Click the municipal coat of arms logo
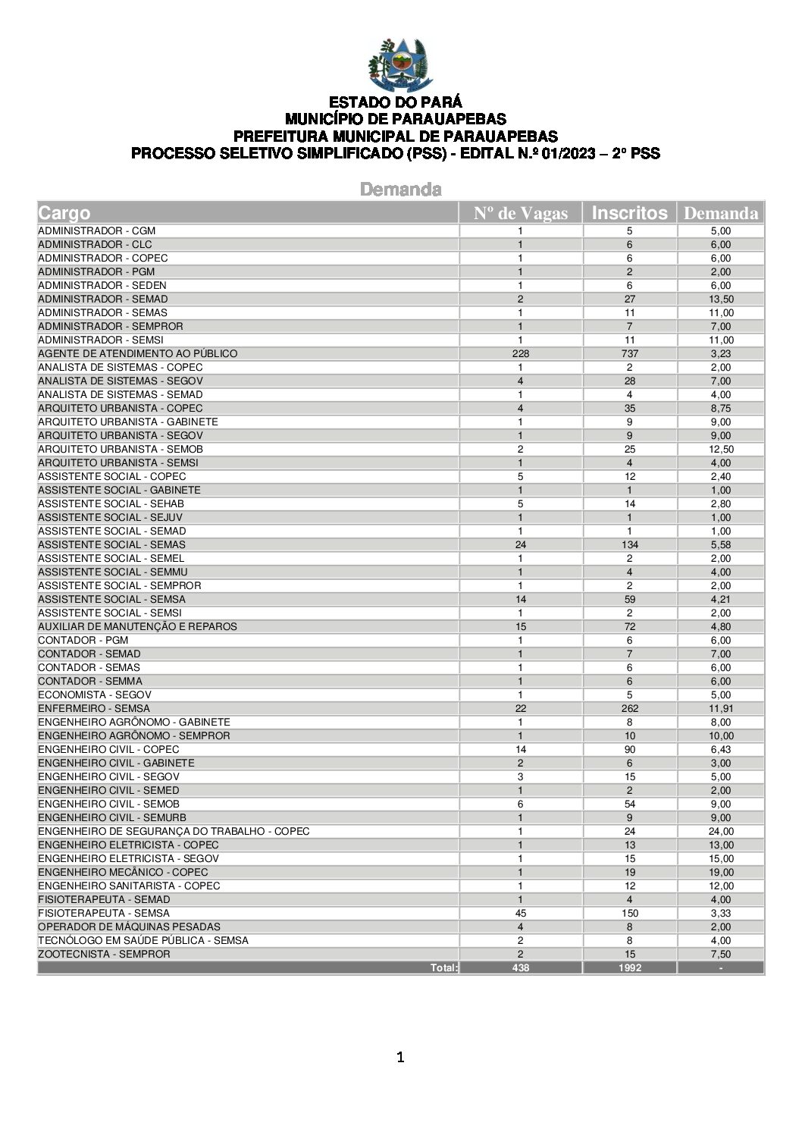click(x=400, y=66)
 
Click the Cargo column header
click(x=64, y=213)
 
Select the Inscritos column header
click(x=629, y=213)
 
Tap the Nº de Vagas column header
click(x=520, y=213)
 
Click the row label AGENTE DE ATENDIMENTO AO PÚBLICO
click(x=137, y=353)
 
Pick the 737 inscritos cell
click(x=629, y=353)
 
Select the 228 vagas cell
click(x=520, y=353)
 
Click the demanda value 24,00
click(x=721, y=831)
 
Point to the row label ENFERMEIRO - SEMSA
click(x=94, y=708)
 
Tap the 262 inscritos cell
click(x=629, y=708)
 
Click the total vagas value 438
click(x=520, y=967)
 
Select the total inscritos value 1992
click(x=629, y=967)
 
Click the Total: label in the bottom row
click(x=444, y=967)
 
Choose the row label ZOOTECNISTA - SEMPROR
click(x=104, y=954)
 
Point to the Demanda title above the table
click(x=400, y=189)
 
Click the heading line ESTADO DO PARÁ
click(x=395, y=102)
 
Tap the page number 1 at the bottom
click(x=400, y=1057)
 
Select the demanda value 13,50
click(x=721, y=299)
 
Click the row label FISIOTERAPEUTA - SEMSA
click(x=104, y=913)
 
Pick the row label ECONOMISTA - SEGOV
click(x=95, y=694)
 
